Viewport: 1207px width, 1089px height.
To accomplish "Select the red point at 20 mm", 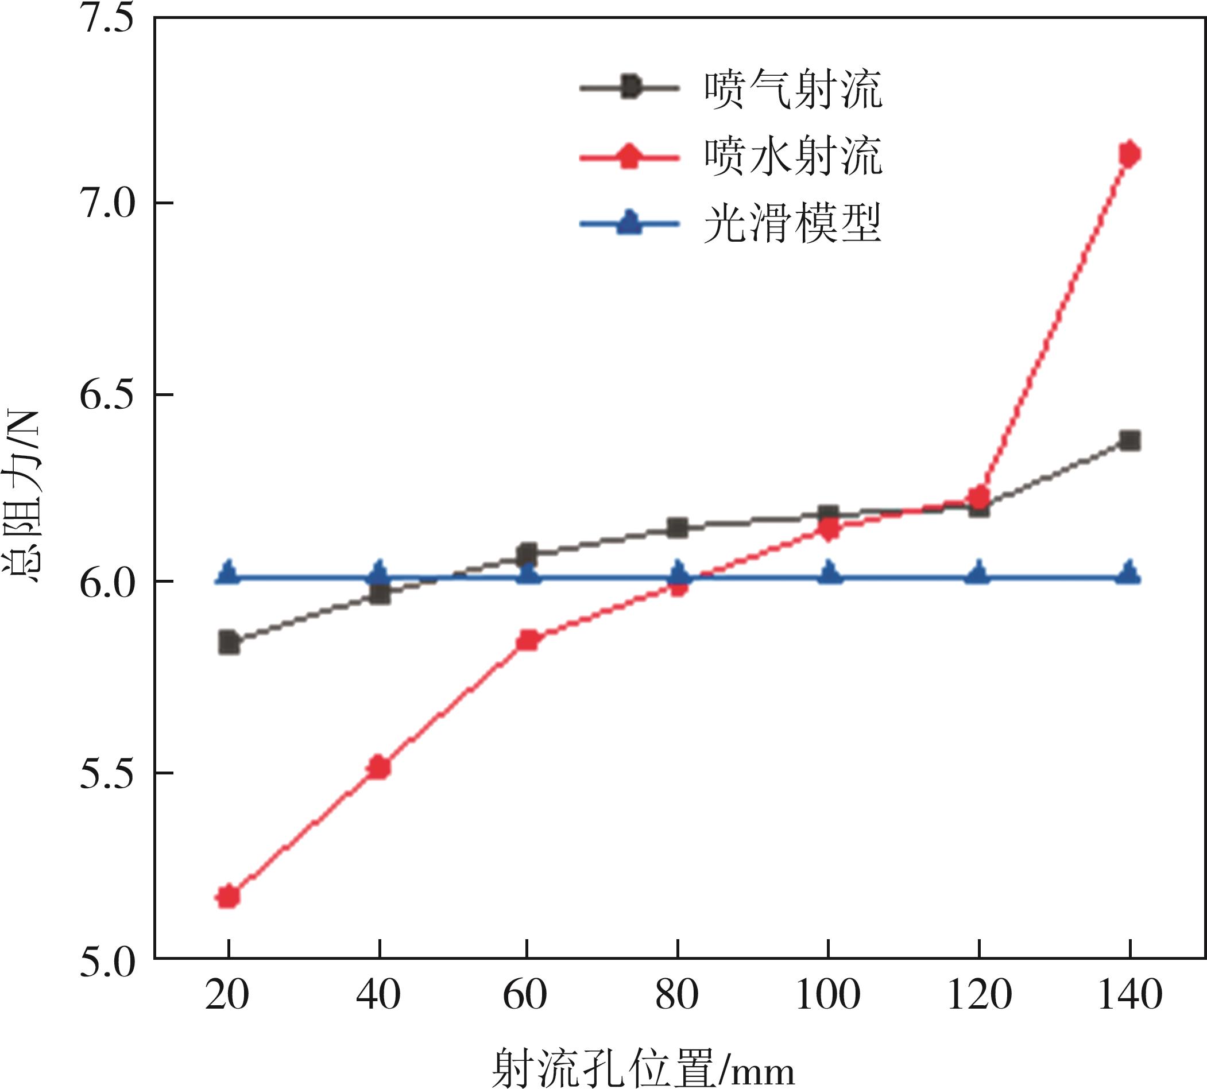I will (229, 896).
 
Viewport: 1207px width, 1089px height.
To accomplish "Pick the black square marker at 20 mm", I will (229, 643).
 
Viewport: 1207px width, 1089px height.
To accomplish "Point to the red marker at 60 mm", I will (528, 640).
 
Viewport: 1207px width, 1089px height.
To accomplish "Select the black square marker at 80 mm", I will (678, 528).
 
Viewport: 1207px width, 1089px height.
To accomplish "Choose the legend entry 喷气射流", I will (792, 90).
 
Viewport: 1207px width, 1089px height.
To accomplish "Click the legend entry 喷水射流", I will (792, 157).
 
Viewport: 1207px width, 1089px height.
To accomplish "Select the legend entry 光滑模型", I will (792, 224).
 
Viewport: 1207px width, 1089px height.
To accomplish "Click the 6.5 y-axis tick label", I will (105, 395).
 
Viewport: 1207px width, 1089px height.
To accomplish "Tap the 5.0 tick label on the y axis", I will (105, 964).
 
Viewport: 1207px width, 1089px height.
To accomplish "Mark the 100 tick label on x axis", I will (828, 1012).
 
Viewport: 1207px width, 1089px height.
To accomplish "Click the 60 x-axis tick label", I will (525, 1012).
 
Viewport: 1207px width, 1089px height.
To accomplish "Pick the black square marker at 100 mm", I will (828, 514).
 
